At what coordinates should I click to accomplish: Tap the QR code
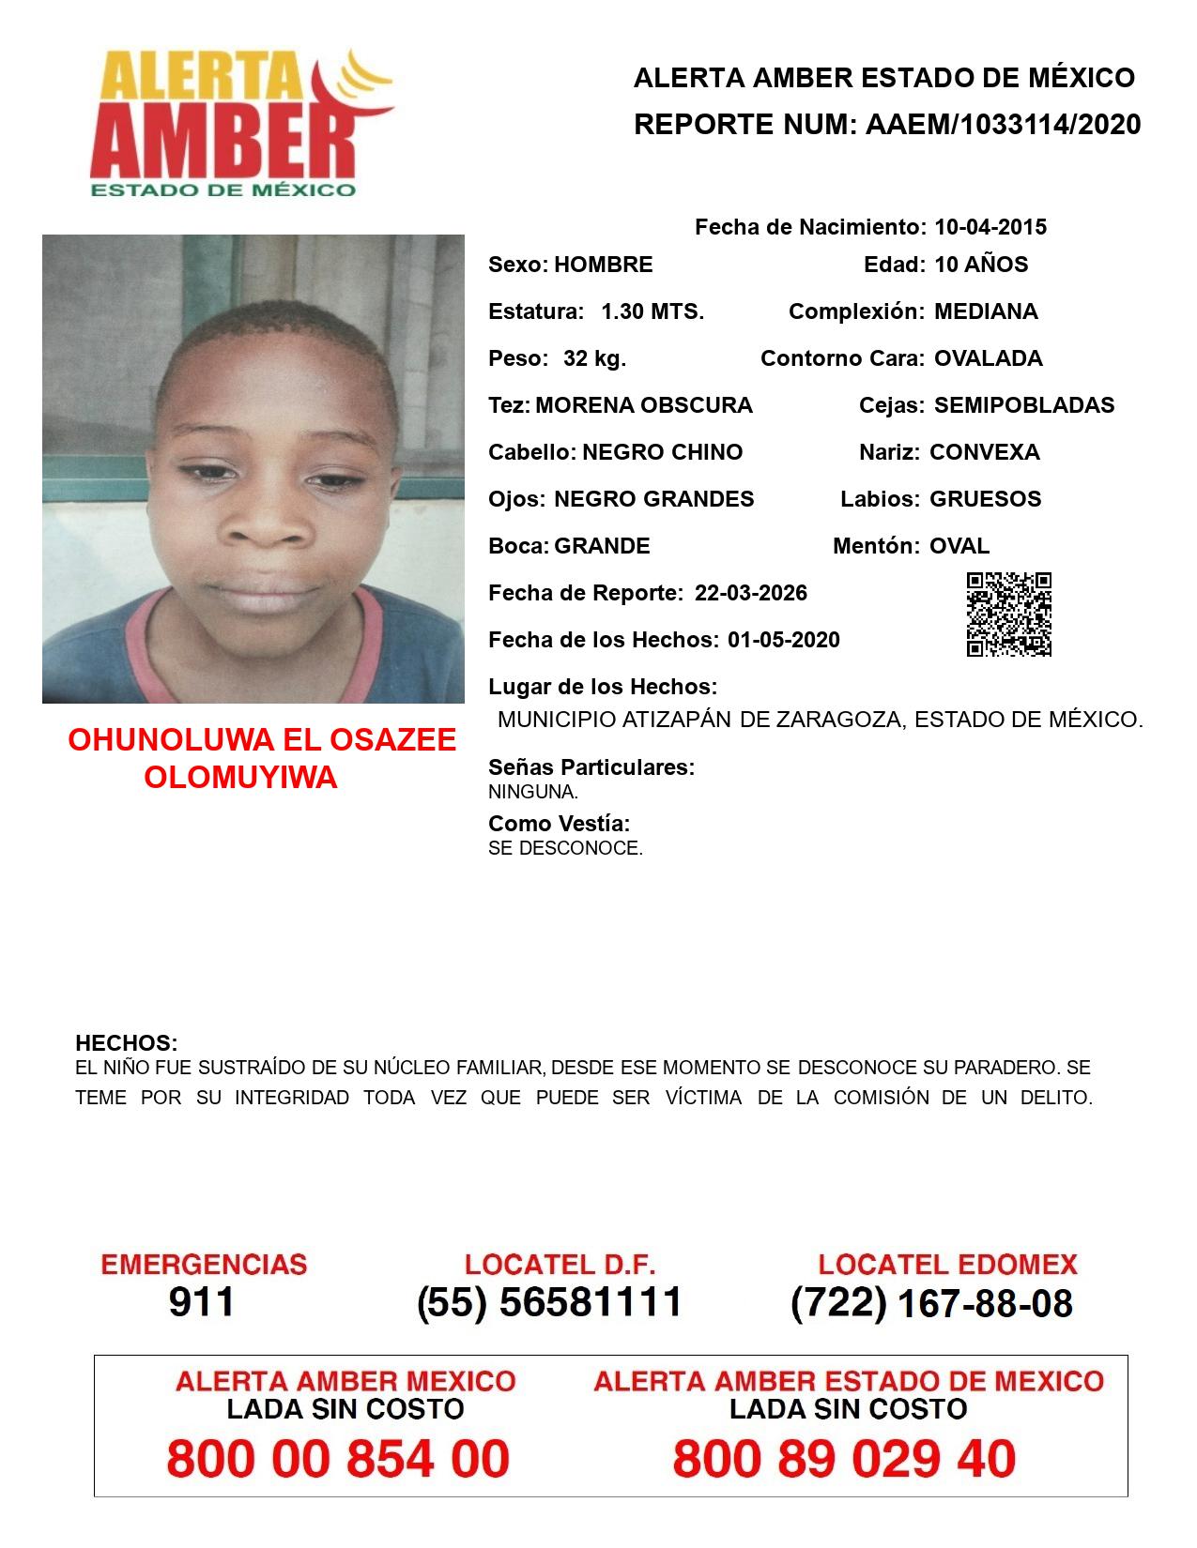[x=1009, y=615]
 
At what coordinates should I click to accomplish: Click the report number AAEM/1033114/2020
[x=1003, y=125]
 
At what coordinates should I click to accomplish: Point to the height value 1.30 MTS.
[x=652, y=311]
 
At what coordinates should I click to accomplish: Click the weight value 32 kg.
[x=594, y=358]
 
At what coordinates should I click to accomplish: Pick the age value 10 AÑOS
[x=981, y=265]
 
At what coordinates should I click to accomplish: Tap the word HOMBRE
[x=603, y=265]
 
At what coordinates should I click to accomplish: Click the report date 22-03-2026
[x=751, y=593]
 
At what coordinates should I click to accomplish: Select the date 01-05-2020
[x=784, y=640]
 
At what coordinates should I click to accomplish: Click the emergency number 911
[x=202, y=1302]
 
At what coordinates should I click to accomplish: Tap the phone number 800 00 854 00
[x=338, y=1459]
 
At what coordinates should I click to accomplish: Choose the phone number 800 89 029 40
[x=844, y=1459]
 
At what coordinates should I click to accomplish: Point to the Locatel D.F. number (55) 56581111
[x=549, y=1302]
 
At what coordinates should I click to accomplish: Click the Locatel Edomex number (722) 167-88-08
[x=931, y=1302]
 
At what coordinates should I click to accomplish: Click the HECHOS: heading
[x=126, y=1043]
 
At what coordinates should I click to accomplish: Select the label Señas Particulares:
[x=591, y=767]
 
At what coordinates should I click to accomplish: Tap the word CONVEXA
[x=985, y=452]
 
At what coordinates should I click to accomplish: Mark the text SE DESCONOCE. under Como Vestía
[x=565, y=849]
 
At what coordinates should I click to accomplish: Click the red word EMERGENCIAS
[x=204, y=1265]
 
